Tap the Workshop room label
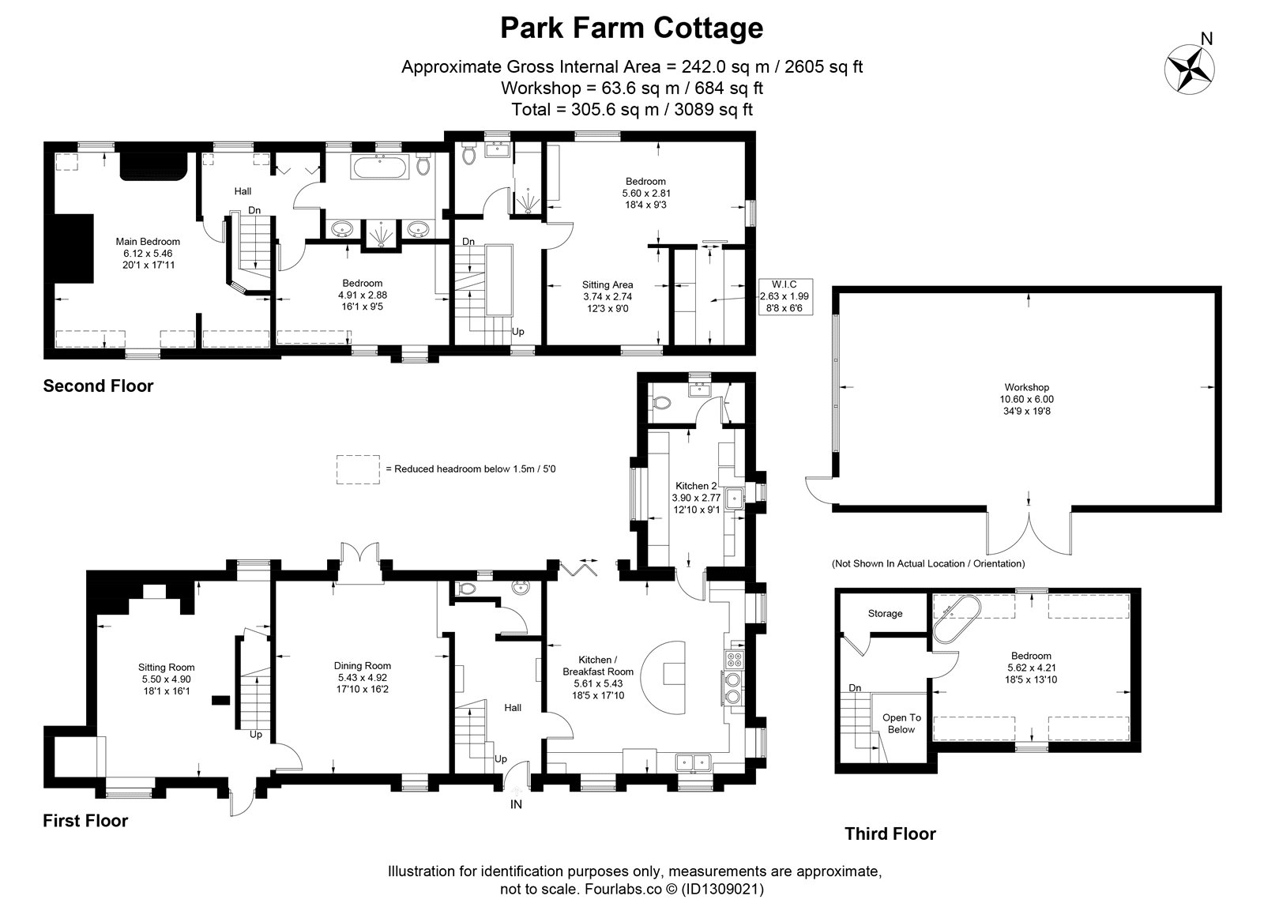(x=1026, y=388)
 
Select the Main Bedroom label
(x=148, y=242)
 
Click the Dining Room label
(x=363, y=666)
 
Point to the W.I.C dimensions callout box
(x=785, y=296)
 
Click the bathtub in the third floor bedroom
(x=957, y=618)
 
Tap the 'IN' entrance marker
(x=516, y=804)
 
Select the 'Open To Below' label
(x=901, y=724)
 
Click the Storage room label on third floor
(x=885, y=613)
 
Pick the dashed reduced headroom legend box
(x=358, y=469)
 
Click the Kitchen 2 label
(x=696, y=486)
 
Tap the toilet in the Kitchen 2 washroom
(x=660, y=403)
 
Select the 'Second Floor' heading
(x=98, y=386)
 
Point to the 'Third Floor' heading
(x=890, y=834)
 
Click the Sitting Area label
(x=608, y=285)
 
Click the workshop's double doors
(x=1029, y=533)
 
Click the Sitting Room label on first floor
(x=167, y=668)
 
